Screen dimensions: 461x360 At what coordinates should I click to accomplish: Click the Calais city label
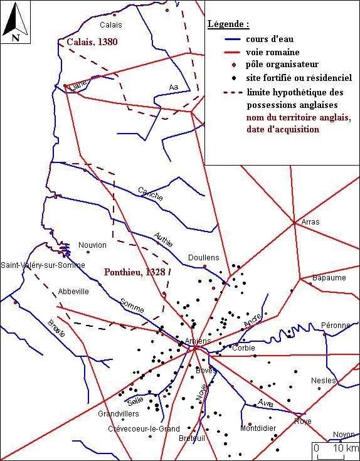[x=110, y=25]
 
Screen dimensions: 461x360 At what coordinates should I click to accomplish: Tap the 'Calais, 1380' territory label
[x=92, y=42]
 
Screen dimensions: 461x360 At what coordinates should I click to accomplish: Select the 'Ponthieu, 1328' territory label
[x=135, y=273]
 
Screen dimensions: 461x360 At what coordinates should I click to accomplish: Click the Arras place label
[x=310, y=223]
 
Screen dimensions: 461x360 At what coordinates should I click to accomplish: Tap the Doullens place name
[x=204, y=258]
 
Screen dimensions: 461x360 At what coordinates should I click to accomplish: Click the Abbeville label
[x=73, y=292]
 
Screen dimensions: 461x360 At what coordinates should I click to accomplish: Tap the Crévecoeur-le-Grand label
[x=143, y=429]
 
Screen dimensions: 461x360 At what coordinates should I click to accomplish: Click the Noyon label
[x=344, y=435]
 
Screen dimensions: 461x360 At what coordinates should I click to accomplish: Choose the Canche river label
[x=150, y=194]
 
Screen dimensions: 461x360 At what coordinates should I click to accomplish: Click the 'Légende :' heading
[x=228, y=24]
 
